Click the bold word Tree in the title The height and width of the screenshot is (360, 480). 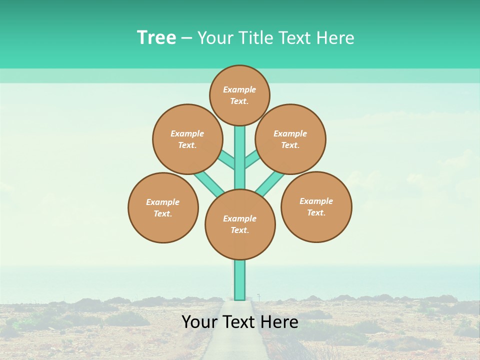tap(156, 37)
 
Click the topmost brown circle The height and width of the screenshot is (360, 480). tap(239, 95)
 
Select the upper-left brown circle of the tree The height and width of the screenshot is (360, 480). tap(187, 139)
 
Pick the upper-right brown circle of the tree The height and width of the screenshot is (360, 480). tap(290, 139)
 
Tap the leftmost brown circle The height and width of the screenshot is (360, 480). tap(163, 207)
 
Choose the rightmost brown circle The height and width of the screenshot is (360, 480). tap(316, 206)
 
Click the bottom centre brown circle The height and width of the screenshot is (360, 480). tap(240, 224)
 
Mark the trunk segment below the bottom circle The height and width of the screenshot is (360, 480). tap(240, 280)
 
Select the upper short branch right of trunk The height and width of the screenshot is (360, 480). tap(251, 159)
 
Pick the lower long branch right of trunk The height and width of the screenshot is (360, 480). tap(270, 183)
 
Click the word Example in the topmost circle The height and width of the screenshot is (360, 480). tap(239, 89)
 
